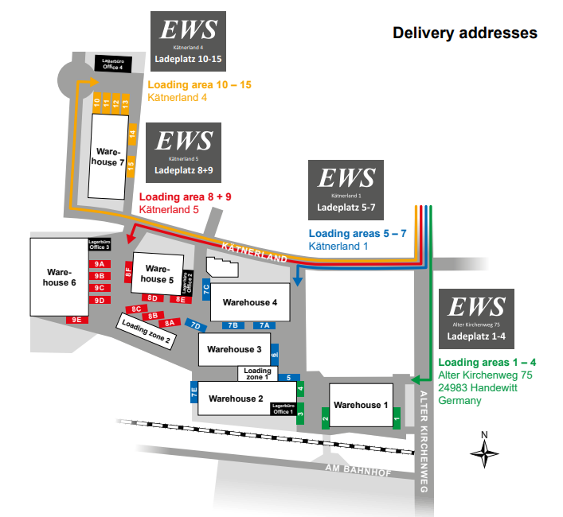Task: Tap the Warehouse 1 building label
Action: point(357,405)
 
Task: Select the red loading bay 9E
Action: point(77,319)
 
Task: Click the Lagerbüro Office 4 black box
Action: point(112,64)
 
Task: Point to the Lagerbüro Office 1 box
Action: point(282,409)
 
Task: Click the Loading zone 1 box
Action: point(257,373)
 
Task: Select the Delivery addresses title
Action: point(464,33)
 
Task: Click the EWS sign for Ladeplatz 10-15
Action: point(188,40)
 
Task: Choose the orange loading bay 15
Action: point(131,165)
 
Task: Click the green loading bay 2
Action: point(325,415)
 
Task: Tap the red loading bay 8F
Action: point(127,272)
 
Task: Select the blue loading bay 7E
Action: point(194,391)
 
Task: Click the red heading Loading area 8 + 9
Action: point(185,196)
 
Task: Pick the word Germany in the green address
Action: point(459,400)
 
